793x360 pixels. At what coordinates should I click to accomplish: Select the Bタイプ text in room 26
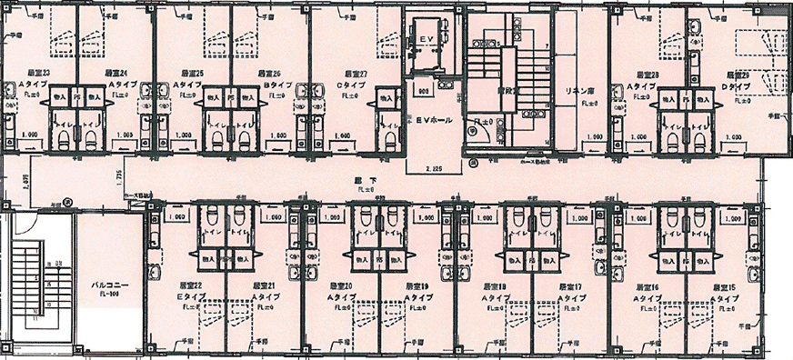point(276,83)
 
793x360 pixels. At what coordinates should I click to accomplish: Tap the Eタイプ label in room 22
point(190,296)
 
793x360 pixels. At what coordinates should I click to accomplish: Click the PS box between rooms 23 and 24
point(77,95)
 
